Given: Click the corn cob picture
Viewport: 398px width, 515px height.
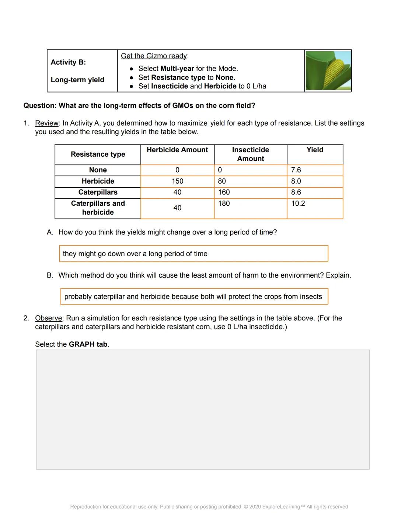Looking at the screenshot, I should click(328, 71).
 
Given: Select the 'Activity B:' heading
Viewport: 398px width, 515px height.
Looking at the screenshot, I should click(68, 62).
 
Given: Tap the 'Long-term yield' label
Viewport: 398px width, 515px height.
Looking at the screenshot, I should click(77, 80).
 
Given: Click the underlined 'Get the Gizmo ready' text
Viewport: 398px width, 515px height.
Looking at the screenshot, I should click(154, 56).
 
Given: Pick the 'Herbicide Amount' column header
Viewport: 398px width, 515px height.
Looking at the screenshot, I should click(177, 150).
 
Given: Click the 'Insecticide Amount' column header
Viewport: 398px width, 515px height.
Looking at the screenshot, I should click(250, 154).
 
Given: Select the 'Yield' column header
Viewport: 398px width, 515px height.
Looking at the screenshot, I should click(315, 150).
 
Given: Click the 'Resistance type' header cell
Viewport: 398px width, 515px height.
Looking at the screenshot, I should click(98, 154).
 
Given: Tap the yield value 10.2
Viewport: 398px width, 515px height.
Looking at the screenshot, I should click(298, 203).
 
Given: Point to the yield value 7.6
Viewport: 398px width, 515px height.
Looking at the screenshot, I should click(296, 170).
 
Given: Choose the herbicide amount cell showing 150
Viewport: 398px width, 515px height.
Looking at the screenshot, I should click(177, 181).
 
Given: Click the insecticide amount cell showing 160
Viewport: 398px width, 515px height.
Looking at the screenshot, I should click(224, 192).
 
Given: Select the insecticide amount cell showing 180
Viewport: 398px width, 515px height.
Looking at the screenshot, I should click(224, 203).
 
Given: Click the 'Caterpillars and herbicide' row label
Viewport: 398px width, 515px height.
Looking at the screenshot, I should click(98, 208).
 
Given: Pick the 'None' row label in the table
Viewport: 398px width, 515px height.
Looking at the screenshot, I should click(98, 170).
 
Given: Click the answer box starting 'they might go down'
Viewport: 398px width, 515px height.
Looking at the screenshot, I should click(193, 254).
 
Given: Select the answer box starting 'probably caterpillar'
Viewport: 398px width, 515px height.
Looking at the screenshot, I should click(194, 297).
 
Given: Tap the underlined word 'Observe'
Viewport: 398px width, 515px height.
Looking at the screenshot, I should click(49, 318).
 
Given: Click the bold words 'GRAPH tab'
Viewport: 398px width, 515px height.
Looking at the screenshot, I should click(88, 344).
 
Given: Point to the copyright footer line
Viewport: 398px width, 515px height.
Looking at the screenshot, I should click(209, 507).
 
